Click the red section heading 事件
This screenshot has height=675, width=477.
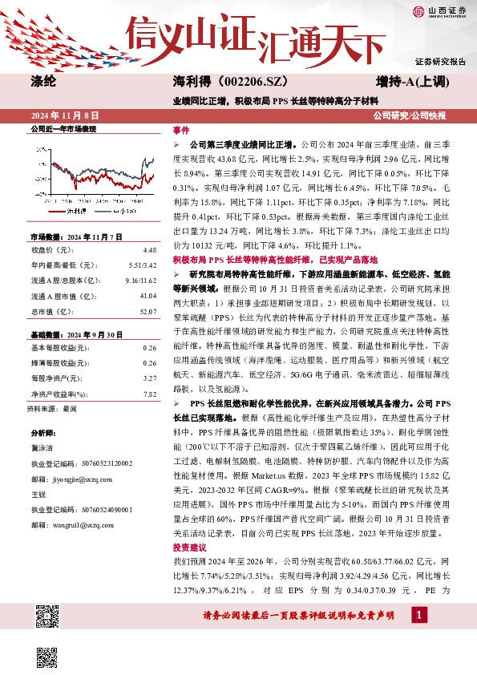click(181, 130)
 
